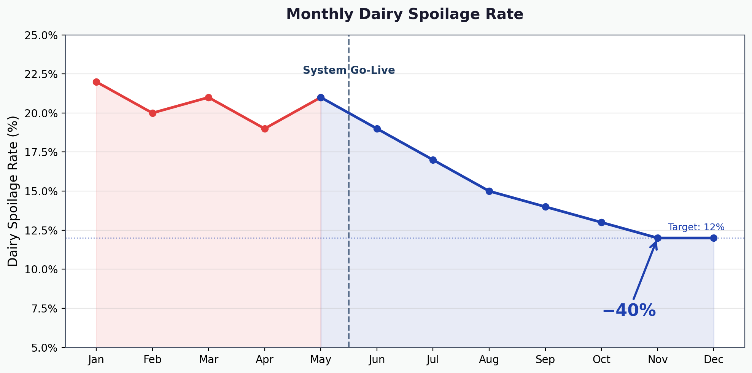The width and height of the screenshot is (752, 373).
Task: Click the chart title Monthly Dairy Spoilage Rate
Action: coord(405,14)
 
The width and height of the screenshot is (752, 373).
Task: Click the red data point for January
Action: coord(96,82)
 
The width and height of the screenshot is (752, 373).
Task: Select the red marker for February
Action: coord(153,113)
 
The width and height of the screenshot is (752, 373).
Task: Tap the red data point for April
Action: coord(265,129)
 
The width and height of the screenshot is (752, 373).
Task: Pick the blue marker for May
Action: coord(321,97)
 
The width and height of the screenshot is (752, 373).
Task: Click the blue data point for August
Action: coord(489,191)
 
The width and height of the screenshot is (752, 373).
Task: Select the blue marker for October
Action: coord(601,222)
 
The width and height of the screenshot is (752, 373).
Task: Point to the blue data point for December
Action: coord(714,238)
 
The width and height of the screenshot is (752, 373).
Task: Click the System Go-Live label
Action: coord(349,70)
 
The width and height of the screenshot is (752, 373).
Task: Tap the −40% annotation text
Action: coord(629,311)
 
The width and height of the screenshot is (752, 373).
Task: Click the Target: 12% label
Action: coord(696,227)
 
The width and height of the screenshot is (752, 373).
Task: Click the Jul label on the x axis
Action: coord(433,360)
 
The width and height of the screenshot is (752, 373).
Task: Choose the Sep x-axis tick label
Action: coord(545,360)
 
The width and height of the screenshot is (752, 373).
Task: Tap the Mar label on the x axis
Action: coord(208,360)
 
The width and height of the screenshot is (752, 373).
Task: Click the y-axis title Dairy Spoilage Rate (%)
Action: coord(13,191)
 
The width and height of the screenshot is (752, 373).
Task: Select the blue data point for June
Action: coord(377,129)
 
